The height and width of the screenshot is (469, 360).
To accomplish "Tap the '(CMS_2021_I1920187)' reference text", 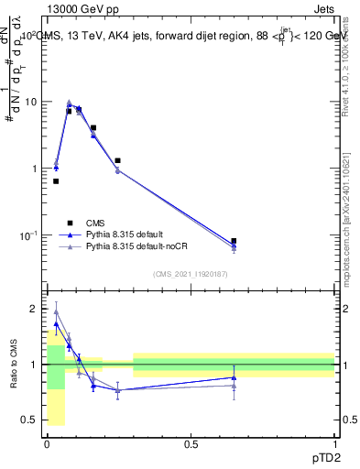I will tap(190, 273).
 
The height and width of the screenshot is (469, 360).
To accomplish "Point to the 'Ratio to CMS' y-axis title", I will tap(14, 366).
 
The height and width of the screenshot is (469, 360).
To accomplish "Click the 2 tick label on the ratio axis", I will tap(32, 310).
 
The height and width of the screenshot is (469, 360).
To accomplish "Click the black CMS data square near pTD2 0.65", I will tap(234, 241).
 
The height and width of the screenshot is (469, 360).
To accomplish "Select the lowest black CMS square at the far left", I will tap(56, 181).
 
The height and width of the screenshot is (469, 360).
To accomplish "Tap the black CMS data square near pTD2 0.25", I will tap(117, 160).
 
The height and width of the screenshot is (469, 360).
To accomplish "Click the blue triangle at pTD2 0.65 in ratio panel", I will tap(234, 377).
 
